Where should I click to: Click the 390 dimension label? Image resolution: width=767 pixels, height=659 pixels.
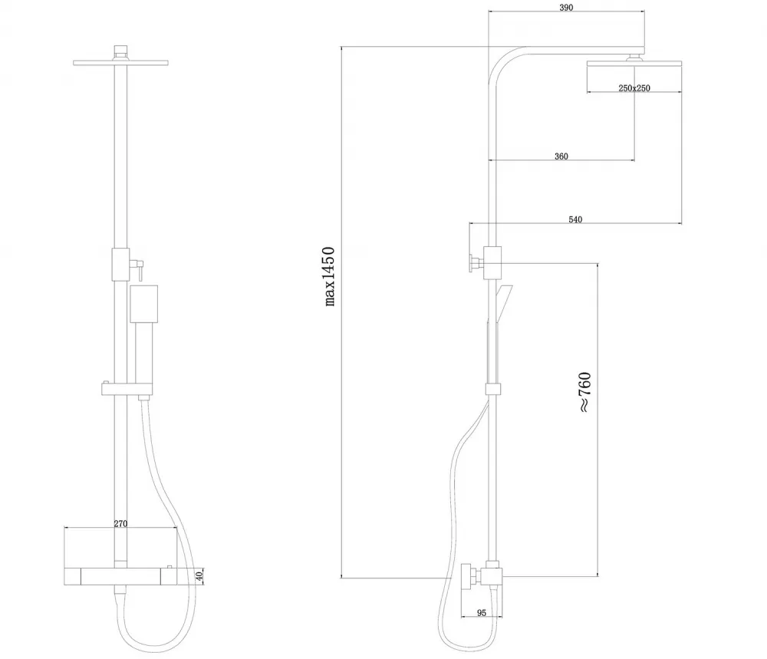tap(566, 8)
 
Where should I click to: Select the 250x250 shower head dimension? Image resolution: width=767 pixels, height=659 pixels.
tap(634, 88)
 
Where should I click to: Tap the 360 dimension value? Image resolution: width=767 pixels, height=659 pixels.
tap(561, 156)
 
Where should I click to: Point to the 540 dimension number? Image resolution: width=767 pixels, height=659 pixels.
tap(575, 219)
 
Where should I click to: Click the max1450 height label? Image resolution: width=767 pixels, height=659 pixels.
tap(330, 276)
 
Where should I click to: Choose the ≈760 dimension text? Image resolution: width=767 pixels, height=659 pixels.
tap(585, 392)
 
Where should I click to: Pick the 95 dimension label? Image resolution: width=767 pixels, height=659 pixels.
tap(482, 612)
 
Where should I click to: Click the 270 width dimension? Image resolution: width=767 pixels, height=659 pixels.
tap(120, 523)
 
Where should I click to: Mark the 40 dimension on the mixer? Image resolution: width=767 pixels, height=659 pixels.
tap(199, 576)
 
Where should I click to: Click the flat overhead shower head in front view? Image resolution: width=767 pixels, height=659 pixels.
tap(120, 63)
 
